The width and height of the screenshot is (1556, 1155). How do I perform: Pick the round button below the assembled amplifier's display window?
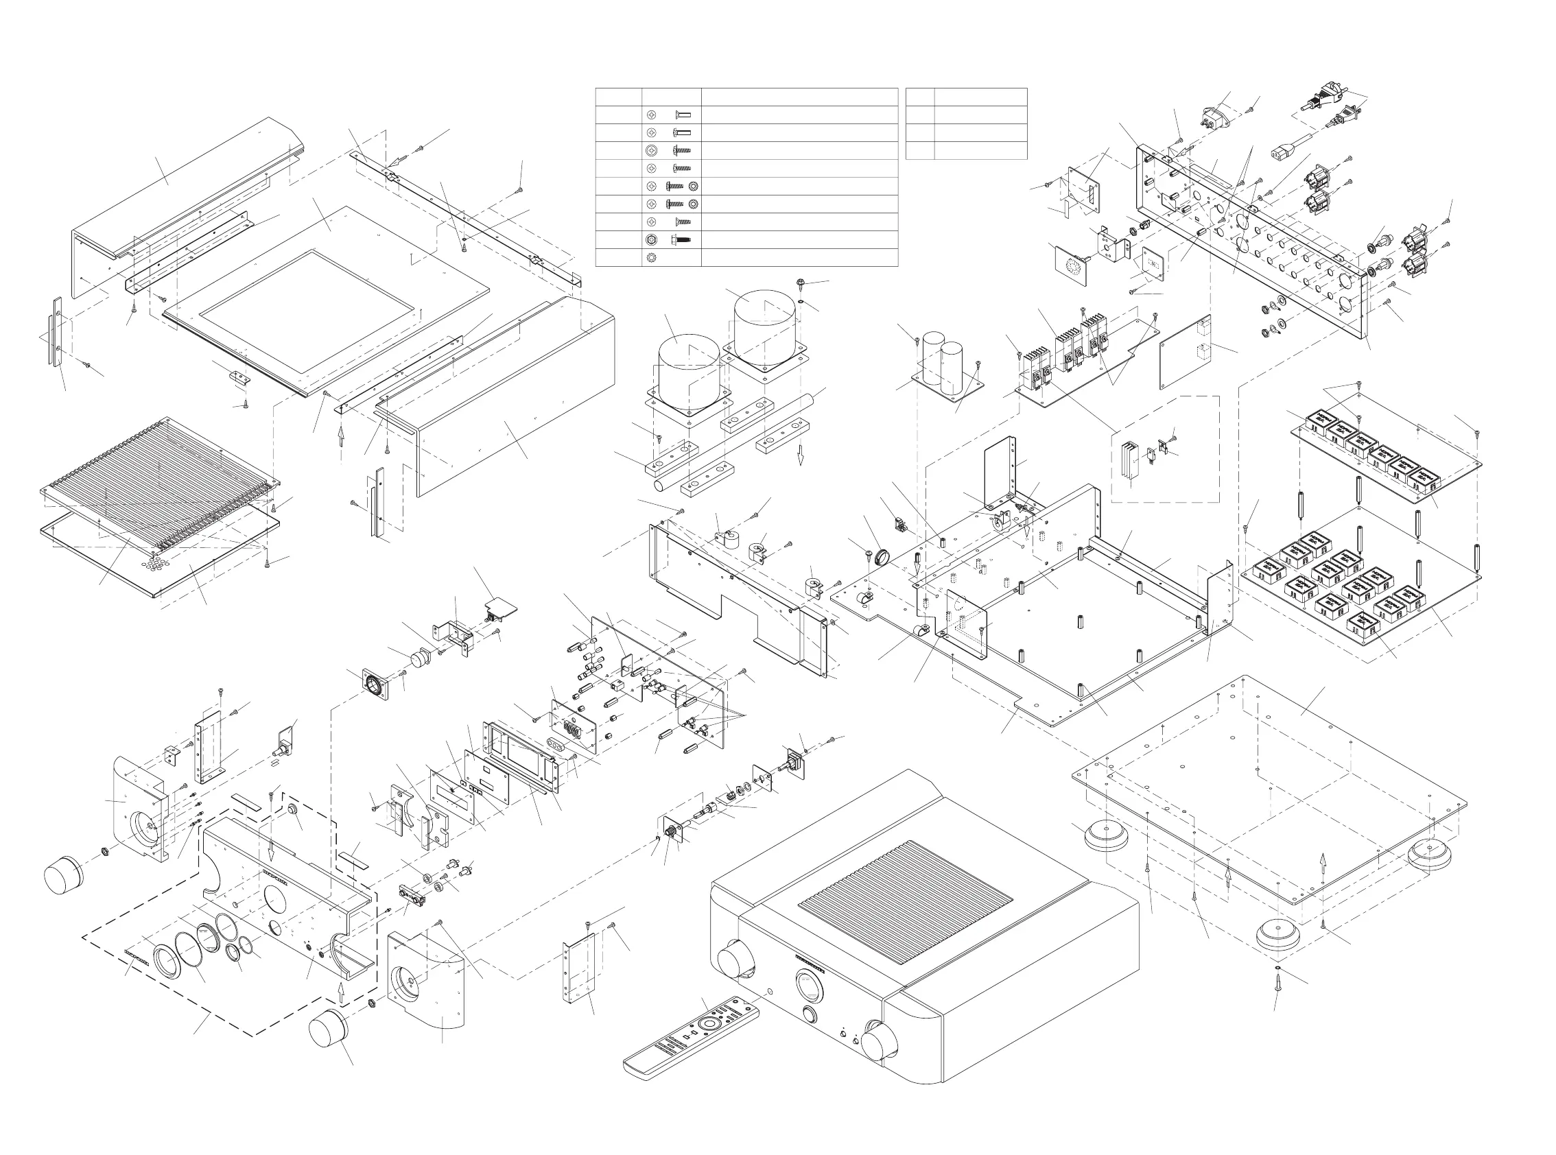pyautogui.click(x=811, y=1014)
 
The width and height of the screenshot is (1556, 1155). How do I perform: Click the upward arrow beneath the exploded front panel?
pyautogui.click(x=340, y=991)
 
